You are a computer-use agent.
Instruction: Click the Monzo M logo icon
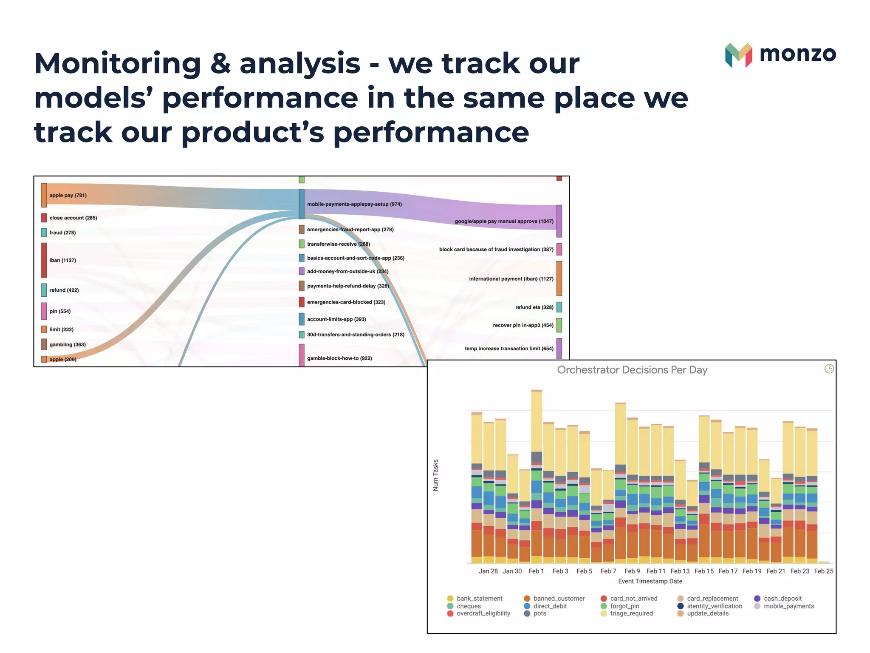(738, 55)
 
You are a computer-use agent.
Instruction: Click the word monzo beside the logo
(797, 54)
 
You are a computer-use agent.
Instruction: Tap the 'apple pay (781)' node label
(68, 196)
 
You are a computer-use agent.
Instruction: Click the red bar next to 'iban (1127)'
(44, 260)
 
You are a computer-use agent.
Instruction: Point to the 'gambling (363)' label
(68, 345)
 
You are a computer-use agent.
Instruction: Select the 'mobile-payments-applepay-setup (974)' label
(354, 204)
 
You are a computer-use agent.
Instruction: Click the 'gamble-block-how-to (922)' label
(339, 358)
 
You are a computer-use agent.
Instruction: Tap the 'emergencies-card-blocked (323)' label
(346, 302)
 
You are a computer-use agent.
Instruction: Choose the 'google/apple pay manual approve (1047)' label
(504, 221)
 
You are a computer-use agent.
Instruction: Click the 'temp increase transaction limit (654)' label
(509, 349)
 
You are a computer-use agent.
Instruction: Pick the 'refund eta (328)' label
(534, 307)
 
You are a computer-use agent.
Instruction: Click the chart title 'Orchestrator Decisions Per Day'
(632, 370)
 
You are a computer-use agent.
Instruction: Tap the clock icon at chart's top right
(829, 369)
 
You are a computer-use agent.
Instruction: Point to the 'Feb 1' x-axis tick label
(536, 571)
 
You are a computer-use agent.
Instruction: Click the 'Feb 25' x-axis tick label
(824, 571)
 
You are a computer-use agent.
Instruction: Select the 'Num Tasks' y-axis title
(435, 475)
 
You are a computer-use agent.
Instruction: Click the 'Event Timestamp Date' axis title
(650, 582)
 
